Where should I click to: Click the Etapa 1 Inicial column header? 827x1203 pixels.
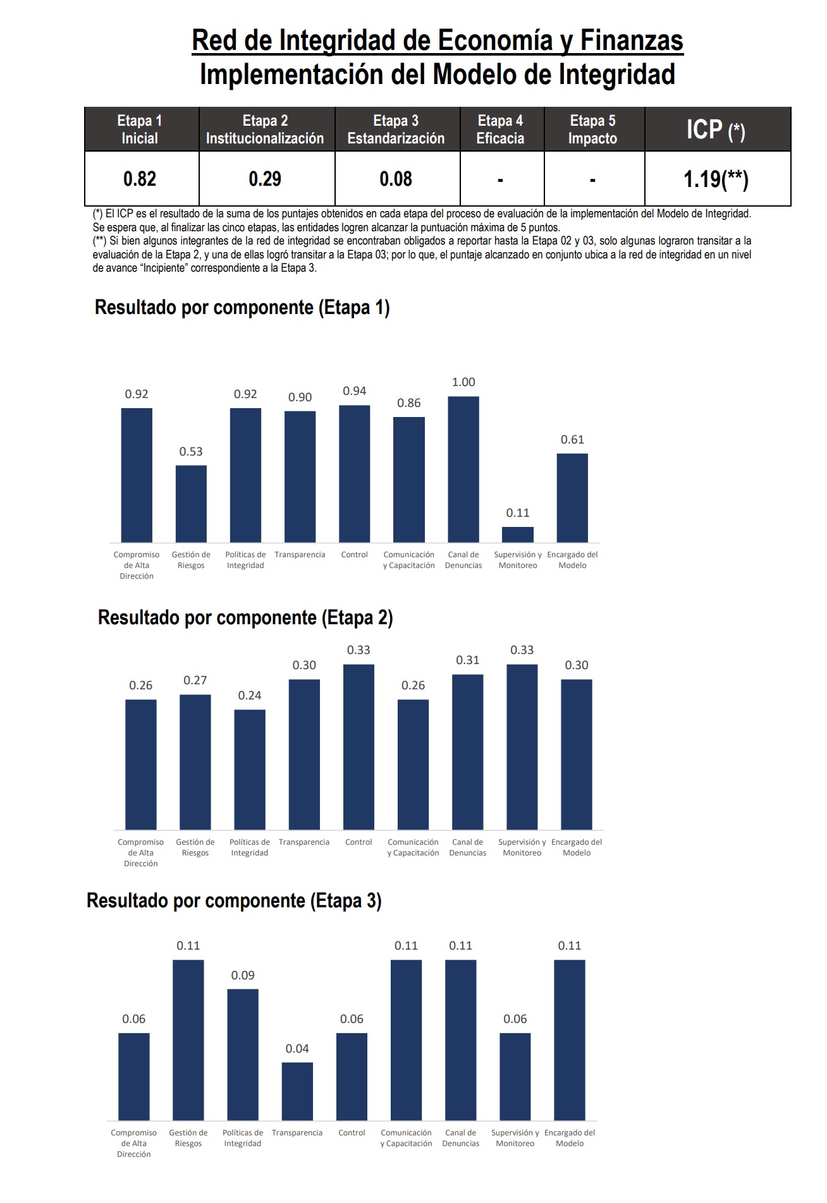click(x=140, y=130)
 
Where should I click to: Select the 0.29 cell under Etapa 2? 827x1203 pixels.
click(x=265, y=179)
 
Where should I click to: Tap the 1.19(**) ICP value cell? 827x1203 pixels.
click(x=716, y=179)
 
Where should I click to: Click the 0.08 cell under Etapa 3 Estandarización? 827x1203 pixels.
click(x=396, y=179)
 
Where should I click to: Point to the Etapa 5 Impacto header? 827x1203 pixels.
click(x=592, y=130)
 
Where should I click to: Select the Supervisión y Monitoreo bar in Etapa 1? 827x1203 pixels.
click(x=518, y=535)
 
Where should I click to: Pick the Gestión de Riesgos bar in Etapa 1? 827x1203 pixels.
click(x=191, y=504)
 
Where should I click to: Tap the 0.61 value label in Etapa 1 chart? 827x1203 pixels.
click(x=572, y=440)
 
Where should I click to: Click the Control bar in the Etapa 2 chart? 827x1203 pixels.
click(x=358, y=747)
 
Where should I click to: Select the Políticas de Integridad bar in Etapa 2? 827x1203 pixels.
click(x=250, y=770)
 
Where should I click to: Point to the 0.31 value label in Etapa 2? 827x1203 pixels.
click(x=468, y=660)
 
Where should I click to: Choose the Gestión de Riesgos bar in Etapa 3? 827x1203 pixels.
click(x=188, y=1040)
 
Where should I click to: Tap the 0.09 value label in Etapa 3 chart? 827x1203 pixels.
click(x=243, y=976)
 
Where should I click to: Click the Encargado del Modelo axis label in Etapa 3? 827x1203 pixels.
click(x=570, y=1138)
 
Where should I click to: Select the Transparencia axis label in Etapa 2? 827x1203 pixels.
click(x=304, y=842)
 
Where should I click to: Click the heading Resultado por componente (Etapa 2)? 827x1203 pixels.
click(x=245, y=617)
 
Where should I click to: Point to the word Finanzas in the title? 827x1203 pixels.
click(x=632, y=41)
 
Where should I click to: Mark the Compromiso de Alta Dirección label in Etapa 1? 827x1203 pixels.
click(x=137, y=565)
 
